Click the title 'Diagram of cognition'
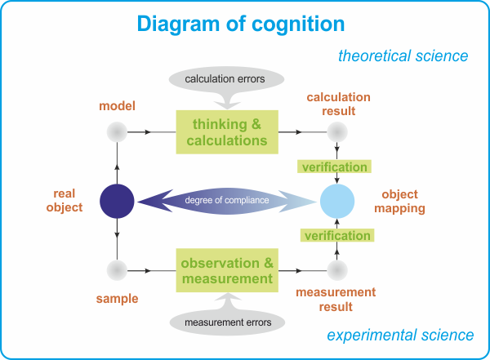pyautogui.click(x=241, y=24)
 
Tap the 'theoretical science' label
pyautogui.click(x=403, y=56)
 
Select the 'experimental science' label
pyautogui.click(x=400, y=336)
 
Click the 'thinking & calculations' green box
pyautogui.click(x=227, y=132)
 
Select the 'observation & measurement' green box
pyautogui.click(x=227, y=270)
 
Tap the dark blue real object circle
pyautogui.click(x=117, y=202)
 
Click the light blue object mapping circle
pyautogui.click(x=337, y=202)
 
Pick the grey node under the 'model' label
pyautogui.click(x=117, y=132)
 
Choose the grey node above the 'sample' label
pyautogui.click(x=117, y=270)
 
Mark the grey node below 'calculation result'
pyautogui.click(x=337, y=132)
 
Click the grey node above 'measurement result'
pyautogui.click(x=337, y=270)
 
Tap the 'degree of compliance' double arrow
pyautogui.click(x=227, y=202)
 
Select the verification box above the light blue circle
pyautogui.click(x=334, y=167)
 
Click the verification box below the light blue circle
pyautogui.click(x=337, y=235)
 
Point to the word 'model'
pyautogui.click(x=117, y=106)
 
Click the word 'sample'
pyautogui.click(x=117, y=299)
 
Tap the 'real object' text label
pyautogui.click(x=65, y=200)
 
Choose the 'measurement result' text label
pyautogui.click(x=336, y=300)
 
